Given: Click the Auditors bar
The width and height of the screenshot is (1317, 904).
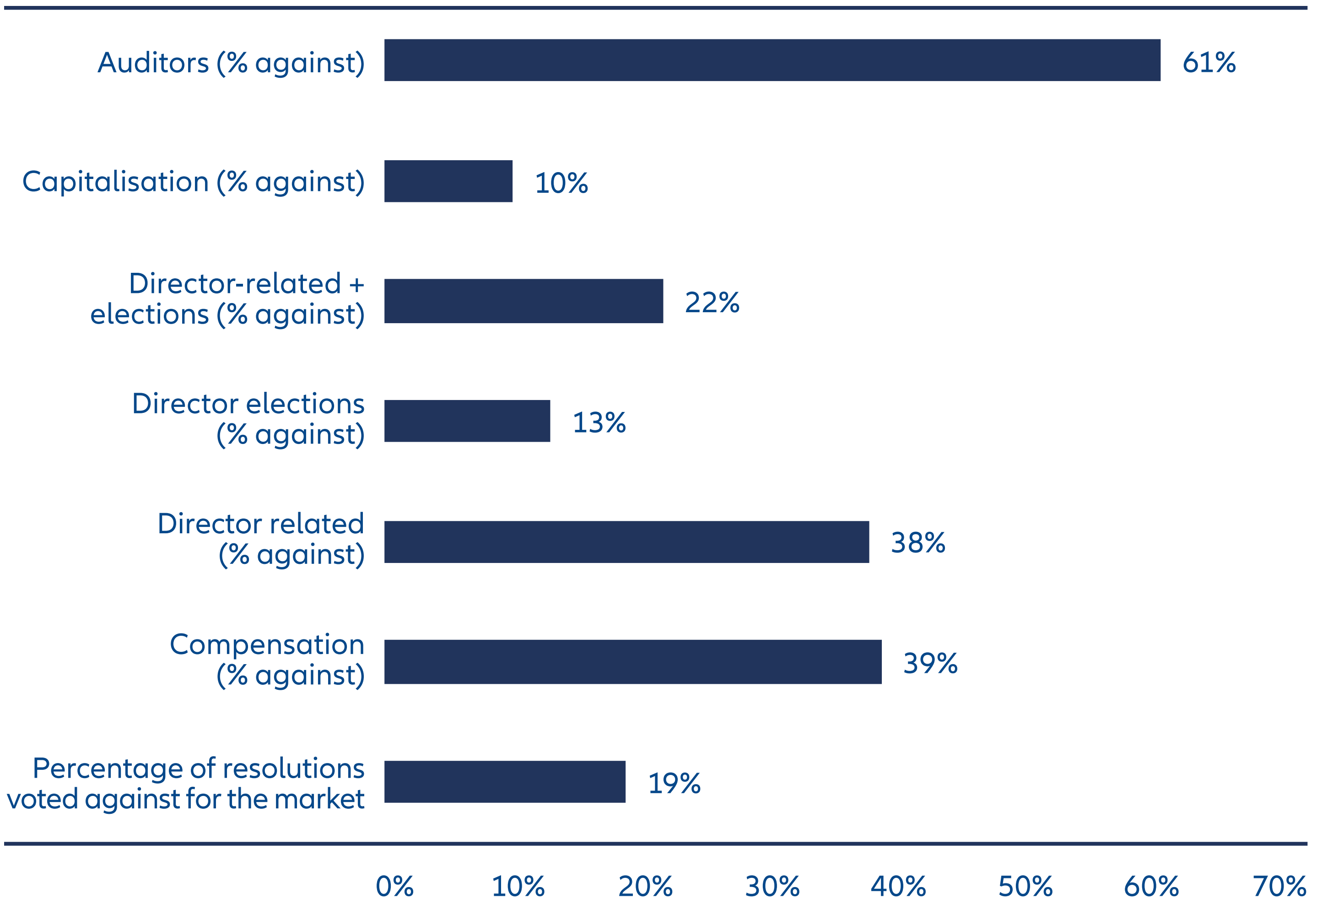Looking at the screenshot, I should [x=772, y=60].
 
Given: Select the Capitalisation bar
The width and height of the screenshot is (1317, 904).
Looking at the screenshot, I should [x=448, y=181].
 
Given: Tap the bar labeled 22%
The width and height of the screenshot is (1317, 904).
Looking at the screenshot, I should [x=524, y=301].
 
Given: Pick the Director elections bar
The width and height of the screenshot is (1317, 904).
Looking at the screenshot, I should [x=467, y=421].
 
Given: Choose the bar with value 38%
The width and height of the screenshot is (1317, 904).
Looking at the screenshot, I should [x=626, y=542].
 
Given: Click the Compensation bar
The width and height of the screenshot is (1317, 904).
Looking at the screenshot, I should [x=632, y=662].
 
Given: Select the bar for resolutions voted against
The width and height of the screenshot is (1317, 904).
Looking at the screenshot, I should [x=504, y=782].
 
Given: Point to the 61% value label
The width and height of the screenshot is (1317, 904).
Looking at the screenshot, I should [x=1209, y=62].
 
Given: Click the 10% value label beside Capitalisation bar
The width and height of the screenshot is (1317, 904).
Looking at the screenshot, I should [x=561, y=183].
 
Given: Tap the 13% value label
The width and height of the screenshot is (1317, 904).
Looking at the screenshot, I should [x=599, y=423].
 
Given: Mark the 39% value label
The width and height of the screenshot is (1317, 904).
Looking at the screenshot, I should [x=930, y=663].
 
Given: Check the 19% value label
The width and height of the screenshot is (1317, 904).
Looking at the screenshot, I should [x=674, y=783].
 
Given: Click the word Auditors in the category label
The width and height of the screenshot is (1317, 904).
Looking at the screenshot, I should [x=153, y=62].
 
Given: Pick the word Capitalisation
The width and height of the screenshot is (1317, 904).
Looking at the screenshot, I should [x=115, y=182].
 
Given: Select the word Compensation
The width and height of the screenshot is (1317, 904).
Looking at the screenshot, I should [x=266, y=645].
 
